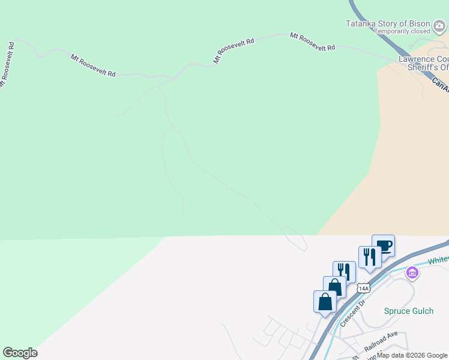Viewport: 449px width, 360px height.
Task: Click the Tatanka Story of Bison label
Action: [388, 24]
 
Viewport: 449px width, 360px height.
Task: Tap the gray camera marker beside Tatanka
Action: [440, 25]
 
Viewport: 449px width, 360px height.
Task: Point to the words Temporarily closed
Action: [402, 31]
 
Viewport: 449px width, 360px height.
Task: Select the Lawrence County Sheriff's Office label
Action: [424, 63]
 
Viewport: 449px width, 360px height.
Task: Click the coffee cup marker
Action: [383, 246]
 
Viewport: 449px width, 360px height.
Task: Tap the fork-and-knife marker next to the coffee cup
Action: [370, 257]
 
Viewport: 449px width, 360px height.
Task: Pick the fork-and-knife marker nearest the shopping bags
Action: [344, 272]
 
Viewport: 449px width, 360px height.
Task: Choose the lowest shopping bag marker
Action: [325, 302]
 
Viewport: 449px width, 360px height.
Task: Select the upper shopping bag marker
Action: [334, 287]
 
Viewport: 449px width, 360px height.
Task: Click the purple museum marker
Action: [412, 274]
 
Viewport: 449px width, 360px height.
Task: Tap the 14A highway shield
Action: [363, 289]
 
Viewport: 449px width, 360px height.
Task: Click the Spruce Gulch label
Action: [408, 311]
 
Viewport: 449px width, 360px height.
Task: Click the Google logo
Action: [20, 353]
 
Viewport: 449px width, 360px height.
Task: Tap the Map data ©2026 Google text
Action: [412, 355]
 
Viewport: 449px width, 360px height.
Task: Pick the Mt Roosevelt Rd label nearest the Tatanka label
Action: [312, 42]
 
